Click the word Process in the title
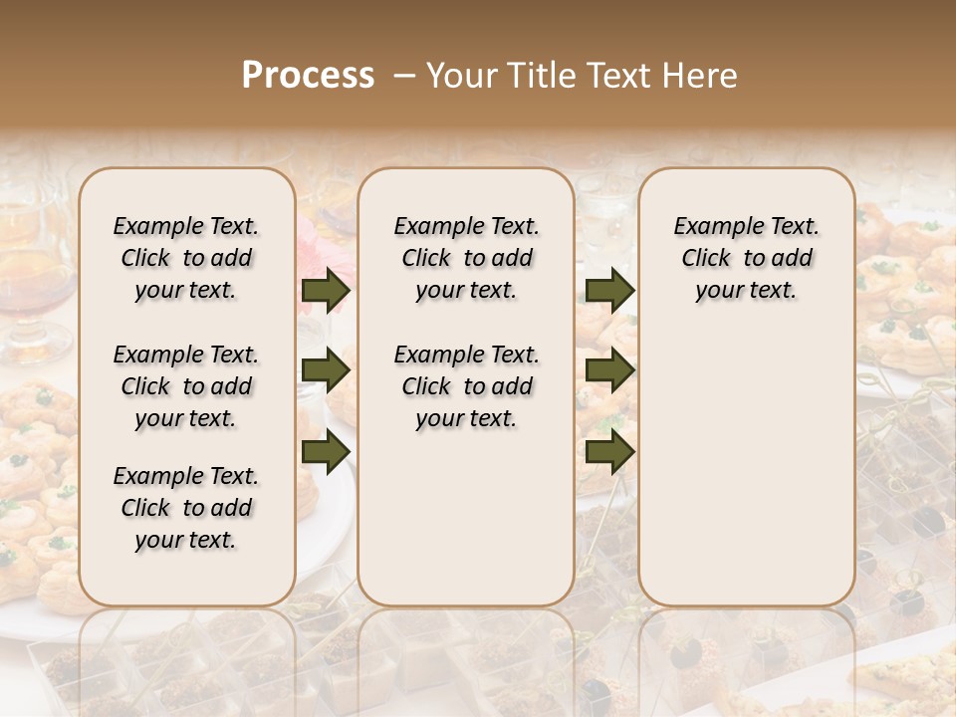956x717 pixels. (x=308, y=76)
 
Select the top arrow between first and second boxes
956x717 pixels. (x=326, y=291)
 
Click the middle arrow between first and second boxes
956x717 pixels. (x=326, y=370)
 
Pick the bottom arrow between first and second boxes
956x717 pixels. (x=326, y=451)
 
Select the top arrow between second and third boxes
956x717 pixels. (x=609, y=291)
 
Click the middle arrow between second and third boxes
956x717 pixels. (x=609, y=370)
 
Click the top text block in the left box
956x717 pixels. (x=186, y=258)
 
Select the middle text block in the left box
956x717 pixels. (x=186, y=386)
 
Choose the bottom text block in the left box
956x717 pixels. (x=186, y=508)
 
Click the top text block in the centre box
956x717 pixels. (x=466, y=258)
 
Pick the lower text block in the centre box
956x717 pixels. (x=466, y=386)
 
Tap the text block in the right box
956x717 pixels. (x=746, y=258)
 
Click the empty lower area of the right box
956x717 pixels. (x=746, y=458)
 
